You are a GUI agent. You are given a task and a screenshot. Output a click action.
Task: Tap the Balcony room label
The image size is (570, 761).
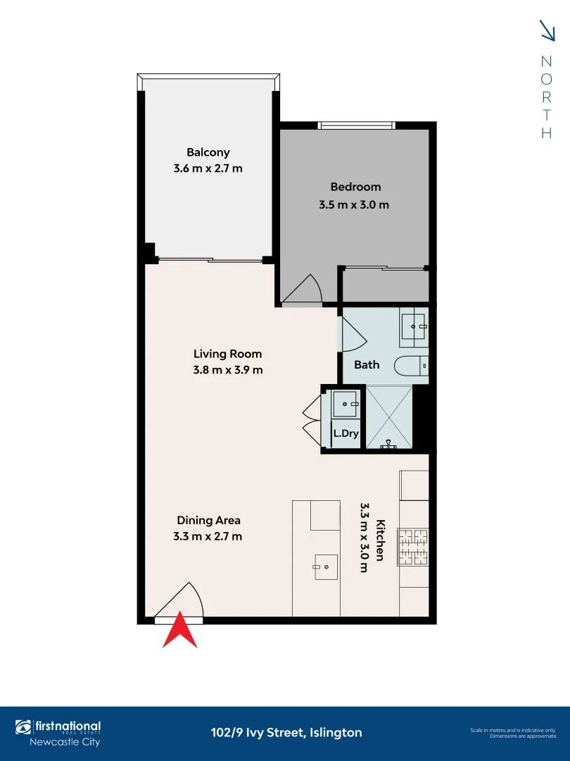tap(208, 152)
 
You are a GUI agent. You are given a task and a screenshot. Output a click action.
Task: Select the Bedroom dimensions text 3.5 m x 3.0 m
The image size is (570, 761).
tap(354, 205)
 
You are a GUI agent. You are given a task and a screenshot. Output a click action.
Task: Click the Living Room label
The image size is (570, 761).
tap(227, 354)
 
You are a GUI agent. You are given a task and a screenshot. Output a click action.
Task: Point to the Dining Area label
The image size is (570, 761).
tap(208, 520)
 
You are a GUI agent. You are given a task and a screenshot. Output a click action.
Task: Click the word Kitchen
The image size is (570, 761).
tap(380, 540)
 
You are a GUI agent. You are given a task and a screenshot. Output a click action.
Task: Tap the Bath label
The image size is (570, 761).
tap(367, 364)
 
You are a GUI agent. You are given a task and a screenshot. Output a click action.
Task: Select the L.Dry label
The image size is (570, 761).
tap(346, 434)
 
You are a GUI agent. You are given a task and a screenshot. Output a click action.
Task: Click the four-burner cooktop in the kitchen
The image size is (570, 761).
tap(413, 547)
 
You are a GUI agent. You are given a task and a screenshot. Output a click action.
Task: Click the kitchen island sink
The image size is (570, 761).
tap(326, 566)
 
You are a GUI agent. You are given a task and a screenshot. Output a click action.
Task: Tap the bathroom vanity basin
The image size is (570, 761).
tap(414, 326)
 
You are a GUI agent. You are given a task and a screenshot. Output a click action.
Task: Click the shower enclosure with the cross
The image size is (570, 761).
tap(388, 417)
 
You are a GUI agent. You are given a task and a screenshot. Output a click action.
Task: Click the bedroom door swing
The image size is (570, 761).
tap(303, 291)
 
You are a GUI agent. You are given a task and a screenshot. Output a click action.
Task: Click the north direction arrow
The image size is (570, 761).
tap(547, 30)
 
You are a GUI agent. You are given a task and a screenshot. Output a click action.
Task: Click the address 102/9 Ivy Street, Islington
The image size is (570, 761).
tap(286, 733)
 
